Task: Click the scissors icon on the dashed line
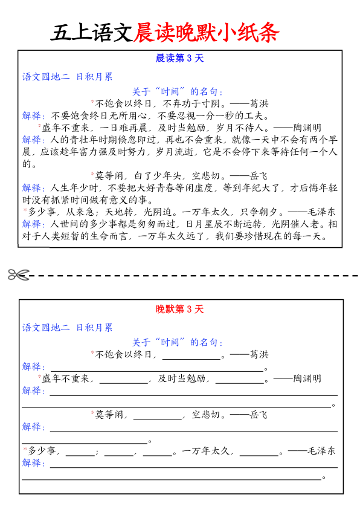(18, 275)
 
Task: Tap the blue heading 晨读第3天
(180, 59)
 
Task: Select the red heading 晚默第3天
(180, 310)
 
